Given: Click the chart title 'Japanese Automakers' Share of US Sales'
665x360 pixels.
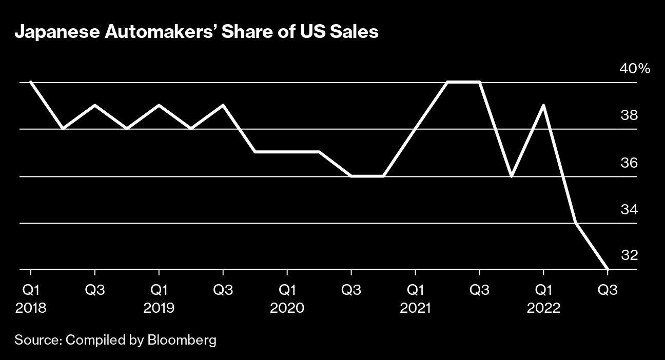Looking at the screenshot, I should (197, 32).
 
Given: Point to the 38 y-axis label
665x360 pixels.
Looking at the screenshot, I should (629, 115).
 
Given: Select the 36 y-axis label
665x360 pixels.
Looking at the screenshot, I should (629, 163).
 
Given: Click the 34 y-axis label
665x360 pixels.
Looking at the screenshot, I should (629, 210).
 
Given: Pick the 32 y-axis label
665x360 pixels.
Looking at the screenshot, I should (629, 255).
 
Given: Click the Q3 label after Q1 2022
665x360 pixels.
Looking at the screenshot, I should (608, 290).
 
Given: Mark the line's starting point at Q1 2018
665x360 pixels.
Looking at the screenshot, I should (31, 82).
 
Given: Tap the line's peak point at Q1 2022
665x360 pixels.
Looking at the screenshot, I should (543, 105).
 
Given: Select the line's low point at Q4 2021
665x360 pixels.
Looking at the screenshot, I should (512, 176).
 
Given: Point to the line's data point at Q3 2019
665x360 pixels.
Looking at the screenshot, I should (223, 105).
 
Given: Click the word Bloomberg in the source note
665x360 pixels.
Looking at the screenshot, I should (182, 339).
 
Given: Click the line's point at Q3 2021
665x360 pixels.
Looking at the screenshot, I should (479, 82).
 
